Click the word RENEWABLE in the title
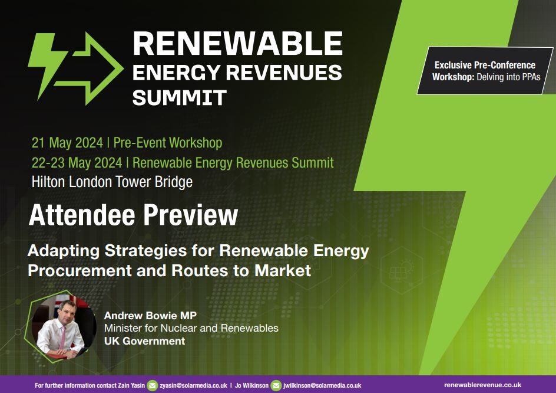(237, 44)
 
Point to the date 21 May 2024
(67, 143)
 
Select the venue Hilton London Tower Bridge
(112, 182)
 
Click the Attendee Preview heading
(133, 216)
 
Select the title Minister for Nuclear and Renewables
(191, 328)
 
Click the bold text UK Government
(144, 341)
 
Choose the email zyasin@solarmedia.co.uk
(193, 385)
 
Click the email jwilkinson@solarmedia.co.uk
(323, 385)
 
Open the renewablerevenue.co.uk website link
(482, 385)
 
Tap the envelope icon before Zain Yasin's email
(153, 385)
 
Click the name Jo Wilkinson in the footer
(252, 385)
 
